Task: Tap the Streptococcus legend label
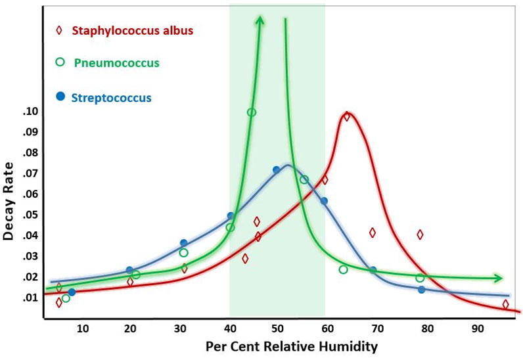[x=112, y=98]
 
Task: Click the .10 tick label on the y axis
[x=30, y=112]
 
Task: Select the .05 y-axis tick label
[x=30, y=215]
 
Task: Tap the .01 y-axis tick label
[x=30, y=298]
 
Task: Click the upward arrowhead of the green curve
[x=260, y=21]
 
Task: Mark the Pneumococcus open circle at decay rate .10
[x=252, y=112]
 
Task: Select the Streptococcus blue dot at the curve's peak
[x=277, y=170]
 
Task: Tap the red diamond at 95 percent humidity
[x=505, y=304]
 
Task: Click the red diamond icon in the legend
[x=60, y=30]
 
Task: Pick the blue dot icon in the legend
[x=60, y=97]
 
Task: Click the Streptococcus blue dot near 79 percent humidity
[x=421, y=290]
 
